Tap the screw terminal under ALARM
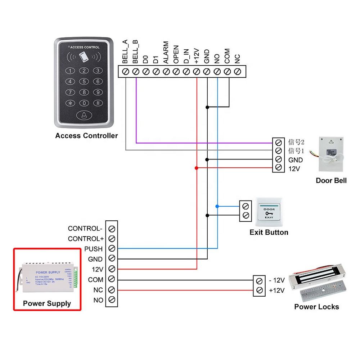[166, 72]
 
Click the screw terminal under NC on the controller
[237, 72]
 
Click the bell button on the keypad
[84, 115]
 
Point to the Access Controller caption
[86, 136]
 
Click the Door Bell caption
[331, 180]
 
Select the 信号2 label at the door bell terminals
[296, 142]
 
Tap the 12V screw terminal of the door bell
[278, 168]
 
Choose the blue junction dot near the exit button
[217, 206]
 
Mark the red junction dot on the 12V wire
[197, 168]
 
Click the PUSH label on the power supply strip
[93, 249]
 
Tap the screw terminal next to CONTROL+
[112, 238]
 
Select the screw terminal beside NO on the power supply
[112, 300]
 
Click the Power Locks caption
[316, 307]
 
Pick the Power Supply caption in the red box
[47, 303]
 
